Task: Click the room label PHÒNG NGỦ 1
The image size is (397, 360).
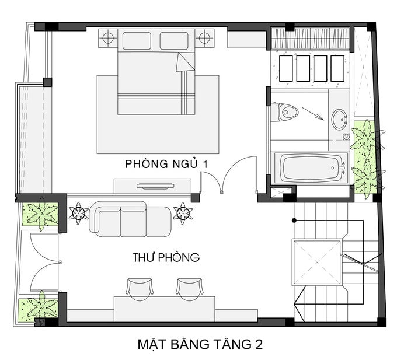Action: (x=166, y=164)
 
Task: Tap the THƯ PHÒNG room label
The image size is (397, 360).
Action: (x=166, y=257)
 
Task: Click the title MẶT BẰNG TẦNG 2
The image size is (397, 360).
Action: (x=200, y=344)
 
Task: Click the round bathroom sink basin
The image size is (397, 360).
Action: (x=339, y=120)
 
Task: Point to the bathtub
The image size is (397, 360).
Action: (x=311, y=167)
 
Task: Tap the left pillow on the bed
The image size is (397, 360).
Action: (x=137, y=41)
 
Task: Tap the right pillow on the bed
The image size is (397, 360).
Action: (x=174, y=41)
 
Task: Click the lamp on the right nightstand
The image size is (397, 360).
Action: (x=204, y=38)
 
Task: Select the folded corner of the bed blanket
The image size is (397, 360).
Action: (x=184, y=62)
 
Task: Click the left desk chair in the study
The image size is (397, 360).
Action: (x=140, y=289)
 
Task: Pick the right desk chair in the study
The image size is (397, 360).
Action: (x=190, y=289)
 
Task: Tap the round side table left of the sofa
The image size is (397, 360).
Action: (x=78, y=213)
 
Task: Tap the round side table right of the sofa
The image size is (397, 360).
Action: (x=183, y=213)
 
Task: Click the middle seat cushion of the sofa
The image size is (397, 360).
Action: (x=134, y=221)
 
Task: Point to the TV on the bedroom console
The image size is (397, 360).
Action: (x=155, y=187)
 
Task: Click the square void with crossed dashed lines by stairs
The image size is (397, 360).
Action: (x=317, y=262)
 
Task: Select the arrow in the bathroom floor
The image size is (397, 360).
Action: (x=313, y=114)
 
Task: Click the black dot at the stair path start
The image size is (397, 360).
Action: (x=294, y=221)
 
